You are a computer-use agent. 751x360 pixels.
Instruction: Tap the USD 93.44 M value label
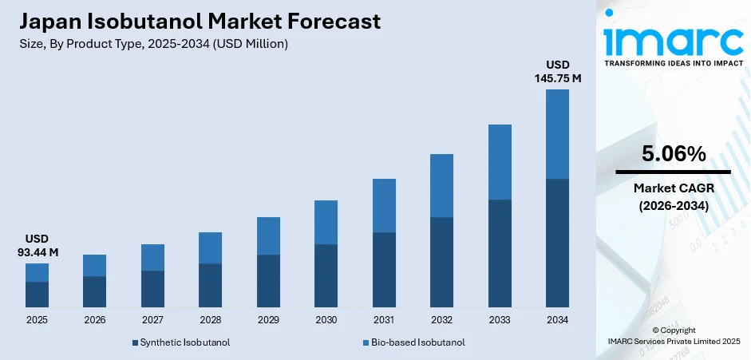click(37, 246)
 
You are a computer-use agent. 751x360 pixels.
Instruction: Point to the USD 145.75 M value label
click(557, 71)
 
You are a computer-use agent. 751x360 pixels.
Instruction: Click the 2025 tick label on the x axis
click(37, 319)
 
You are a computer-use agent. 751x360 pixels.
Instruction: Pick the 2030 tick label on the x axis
click(326, 319)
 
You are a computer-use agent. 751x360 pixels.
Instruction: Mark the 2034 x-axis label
click(557, 319)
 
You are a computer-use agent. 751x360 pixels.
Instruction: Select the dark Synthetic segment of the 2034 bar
click(557, 243)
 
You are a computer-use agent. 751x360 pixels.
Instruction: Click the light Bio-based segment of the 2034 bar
click(557, 134)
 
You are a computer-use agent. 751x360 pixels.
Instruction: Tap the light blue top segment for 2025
click(37, 272)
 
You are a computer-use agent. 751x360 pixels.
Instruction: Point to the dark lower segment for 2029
click(268, 281)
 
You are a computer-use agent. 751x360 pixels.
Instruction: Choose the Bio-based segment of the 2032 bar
click(441, 185)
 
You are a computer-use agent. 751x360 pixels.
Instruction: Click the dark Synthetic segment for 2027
click(152, 289)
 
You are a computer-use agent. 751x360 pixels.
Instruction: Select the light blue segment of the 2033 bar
click(500, 162)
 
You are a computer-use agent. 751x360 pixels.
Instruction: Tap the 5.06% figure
click(673, 154)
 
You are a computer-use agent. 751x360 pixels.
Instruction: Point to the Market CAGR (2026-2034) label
click(673, 196)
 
